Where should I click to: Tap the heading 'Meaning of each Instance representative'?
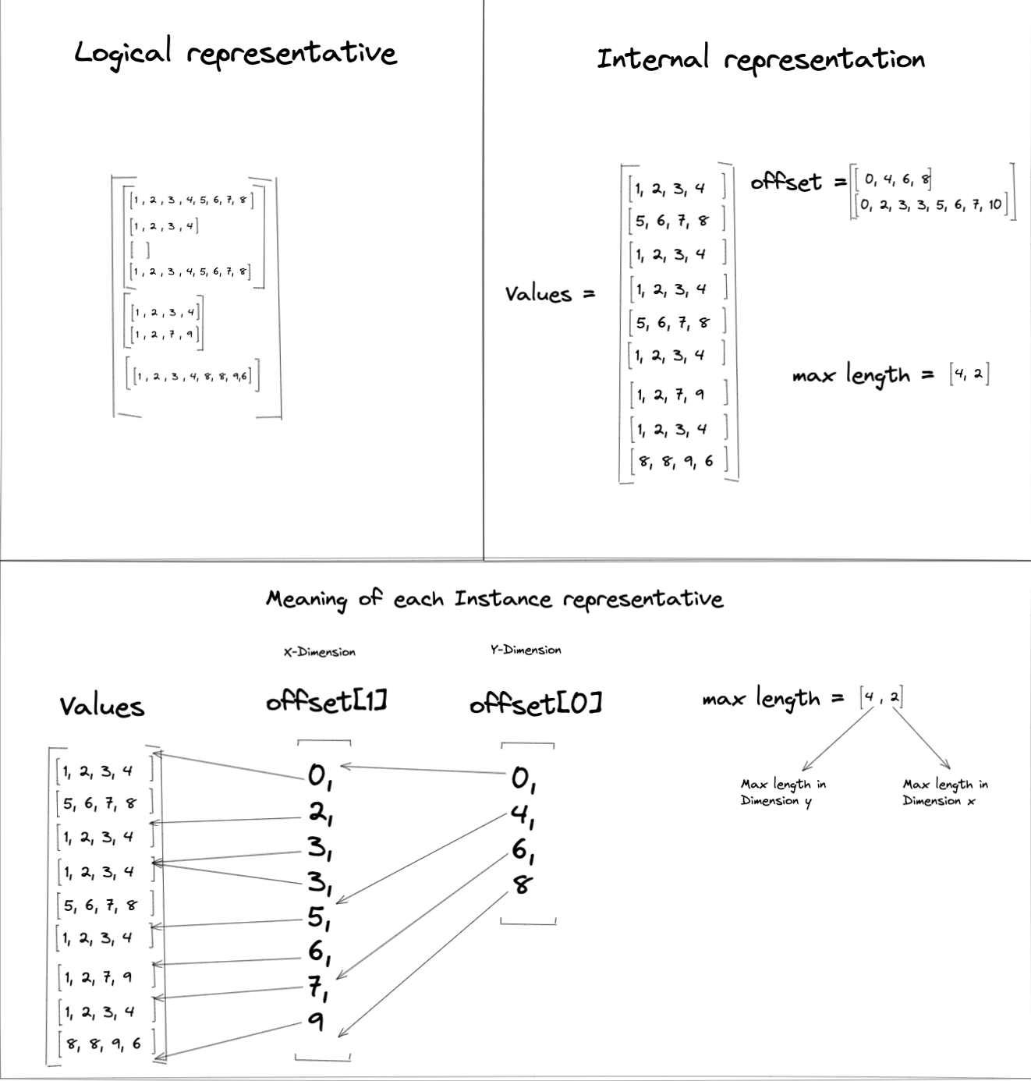tap(494, 599)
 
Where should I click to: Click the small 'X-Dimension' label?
tap(319, 652)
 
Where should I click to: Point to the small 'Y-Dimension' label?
tap(526, 650)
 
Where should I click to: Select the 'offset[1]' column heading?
tap(327, 702)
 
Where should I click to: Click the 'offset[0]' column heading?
tap(535, 704)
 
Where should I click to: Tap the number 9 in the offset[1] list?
tap(316, 1020)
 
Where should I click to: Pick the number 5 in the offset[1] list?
tap(317, 917)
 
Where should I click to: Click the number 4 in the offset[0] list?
tap(520, 814)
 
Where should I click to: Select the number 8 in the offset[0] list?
tap(522, 884)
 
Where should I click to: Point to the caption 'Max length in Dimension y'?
tap(783, 792)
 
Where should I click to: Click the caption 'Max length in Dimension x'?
tap(945, 792)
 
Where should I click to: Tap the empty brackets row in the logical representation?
tap(140, 250)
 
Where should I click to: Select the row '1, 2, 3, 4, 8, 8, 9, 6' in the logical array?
tap(192, 377)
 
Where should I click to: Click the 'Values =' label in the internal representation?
tap(550, 294)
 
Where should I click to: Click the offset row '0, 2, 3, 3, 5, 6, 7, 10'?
tap(931, 206)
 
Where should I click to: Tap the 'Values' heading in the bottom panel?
tap(102, 707)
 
